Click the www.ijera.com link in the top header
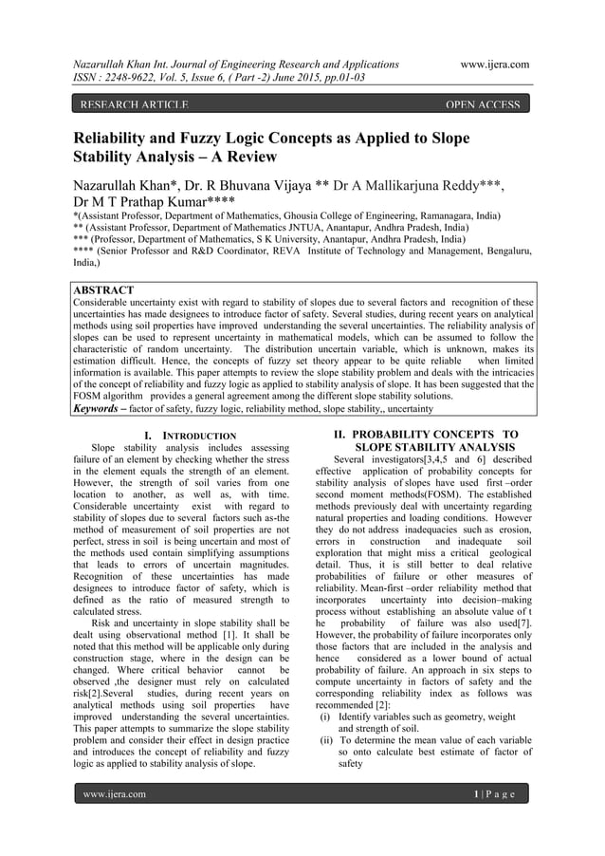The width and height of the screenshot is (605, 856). click(x=493, y=64)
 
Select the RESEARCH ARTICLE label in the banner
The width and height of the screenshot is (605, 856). click(x=132, y=104)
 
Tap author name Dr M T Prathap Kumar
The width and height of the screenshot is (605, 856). click(x=156, y=201)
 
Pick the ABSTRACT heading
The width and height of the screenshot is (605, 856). click(x=103, y=289)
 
